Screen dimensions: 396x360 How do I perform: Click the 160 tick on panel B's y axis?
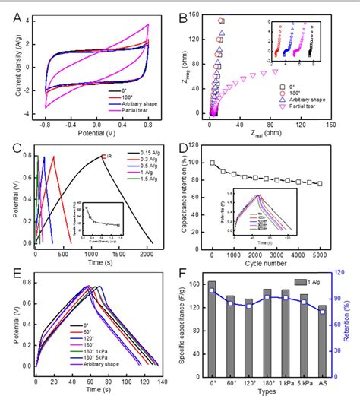pos(199,14)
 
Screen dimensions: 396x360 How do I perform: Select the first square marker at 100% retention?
pos(213,163)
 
